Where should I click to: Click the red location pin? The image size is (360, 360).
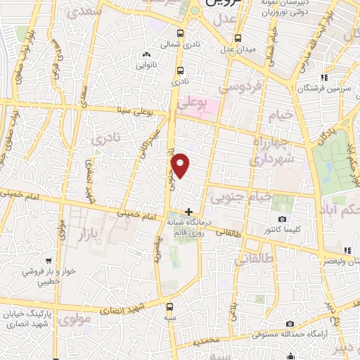point(181,165)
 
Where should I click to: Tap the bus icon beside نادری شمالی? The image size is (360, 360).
point(181,33)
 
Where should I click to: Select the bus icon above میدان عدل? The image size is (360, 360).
point(238,37)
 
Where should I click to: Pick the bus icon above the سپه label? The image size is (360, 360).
point(169,307)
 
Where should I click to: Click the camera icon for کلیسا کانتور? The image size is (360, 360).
point(282,219)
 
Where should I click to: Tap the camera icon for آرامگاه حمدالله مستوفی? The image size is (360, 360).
point(290,324)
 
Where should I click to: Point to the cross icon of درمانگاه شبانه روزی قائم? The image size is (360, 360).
point(188,212)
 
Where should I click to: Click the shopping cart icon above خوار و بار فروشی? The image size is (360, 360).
point(48,260)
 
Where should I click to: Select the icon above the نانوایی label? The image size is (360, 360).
point(146,55)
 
